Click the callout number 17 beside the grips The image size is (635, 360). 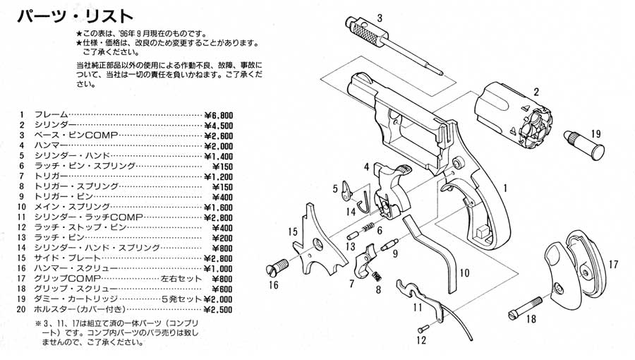612,265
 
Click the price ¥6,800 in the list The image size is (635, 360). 218,115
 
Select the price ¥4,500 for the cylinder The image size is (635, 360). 218,125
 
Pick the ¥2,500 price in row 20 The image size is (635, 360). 218,309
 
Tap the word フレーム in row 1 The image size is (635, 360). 51,115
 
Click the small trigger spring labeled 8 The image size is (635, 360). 378,276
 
